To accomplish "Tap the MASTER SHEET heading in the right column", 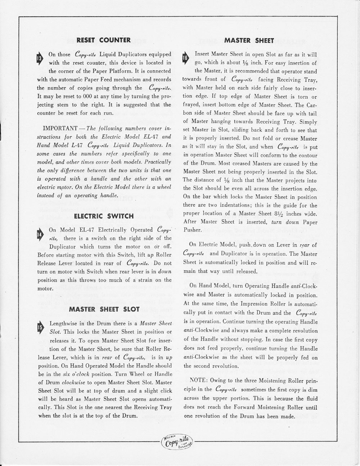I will pos(249,40).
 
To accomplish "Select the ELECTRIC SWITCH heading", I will pos(104,216).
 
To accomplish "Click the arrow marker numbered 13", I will pos(39,59).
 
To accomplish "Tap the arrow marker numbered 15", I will pos(40,328).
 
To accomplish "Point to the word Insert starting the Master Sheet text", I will pos(202,54).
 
